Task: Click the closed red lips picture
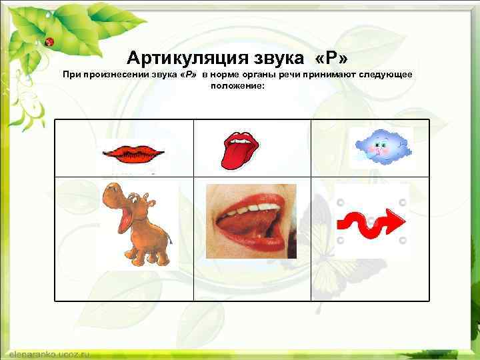coord(133,154)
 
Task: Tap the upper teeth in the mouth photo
coord(243,210)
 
